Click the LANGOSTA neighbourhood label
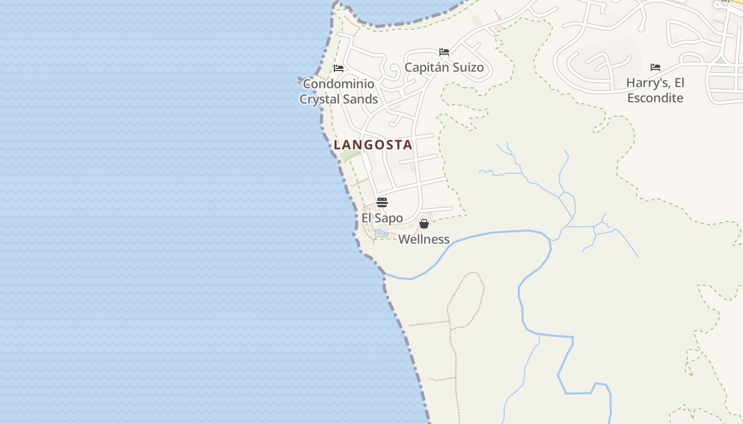click(373, 145)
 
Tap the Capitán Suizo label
click(444, 67)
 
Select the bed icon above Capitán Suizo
click(444, 52)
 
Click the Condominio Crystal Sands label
click(339, 91)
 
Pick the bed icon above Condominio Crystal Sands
click(339, 68)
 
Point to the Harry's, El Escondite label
click(655, 90)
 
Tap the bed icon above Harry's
click(655, 67)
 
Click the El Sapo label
click(382, 218)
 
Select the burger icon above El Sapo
click(382, 202)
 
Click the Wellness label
click(424, 240)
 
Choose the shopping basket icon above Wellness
click(424, 224)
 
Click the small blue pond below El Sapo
click(382, 233)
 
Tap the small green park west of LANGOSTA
click(350, 156)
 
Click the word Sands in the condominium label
click(360, 99)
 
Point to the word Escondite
click(655, 98)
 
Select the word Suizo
click(466, 67)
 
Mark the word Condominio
click(339, 84)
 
